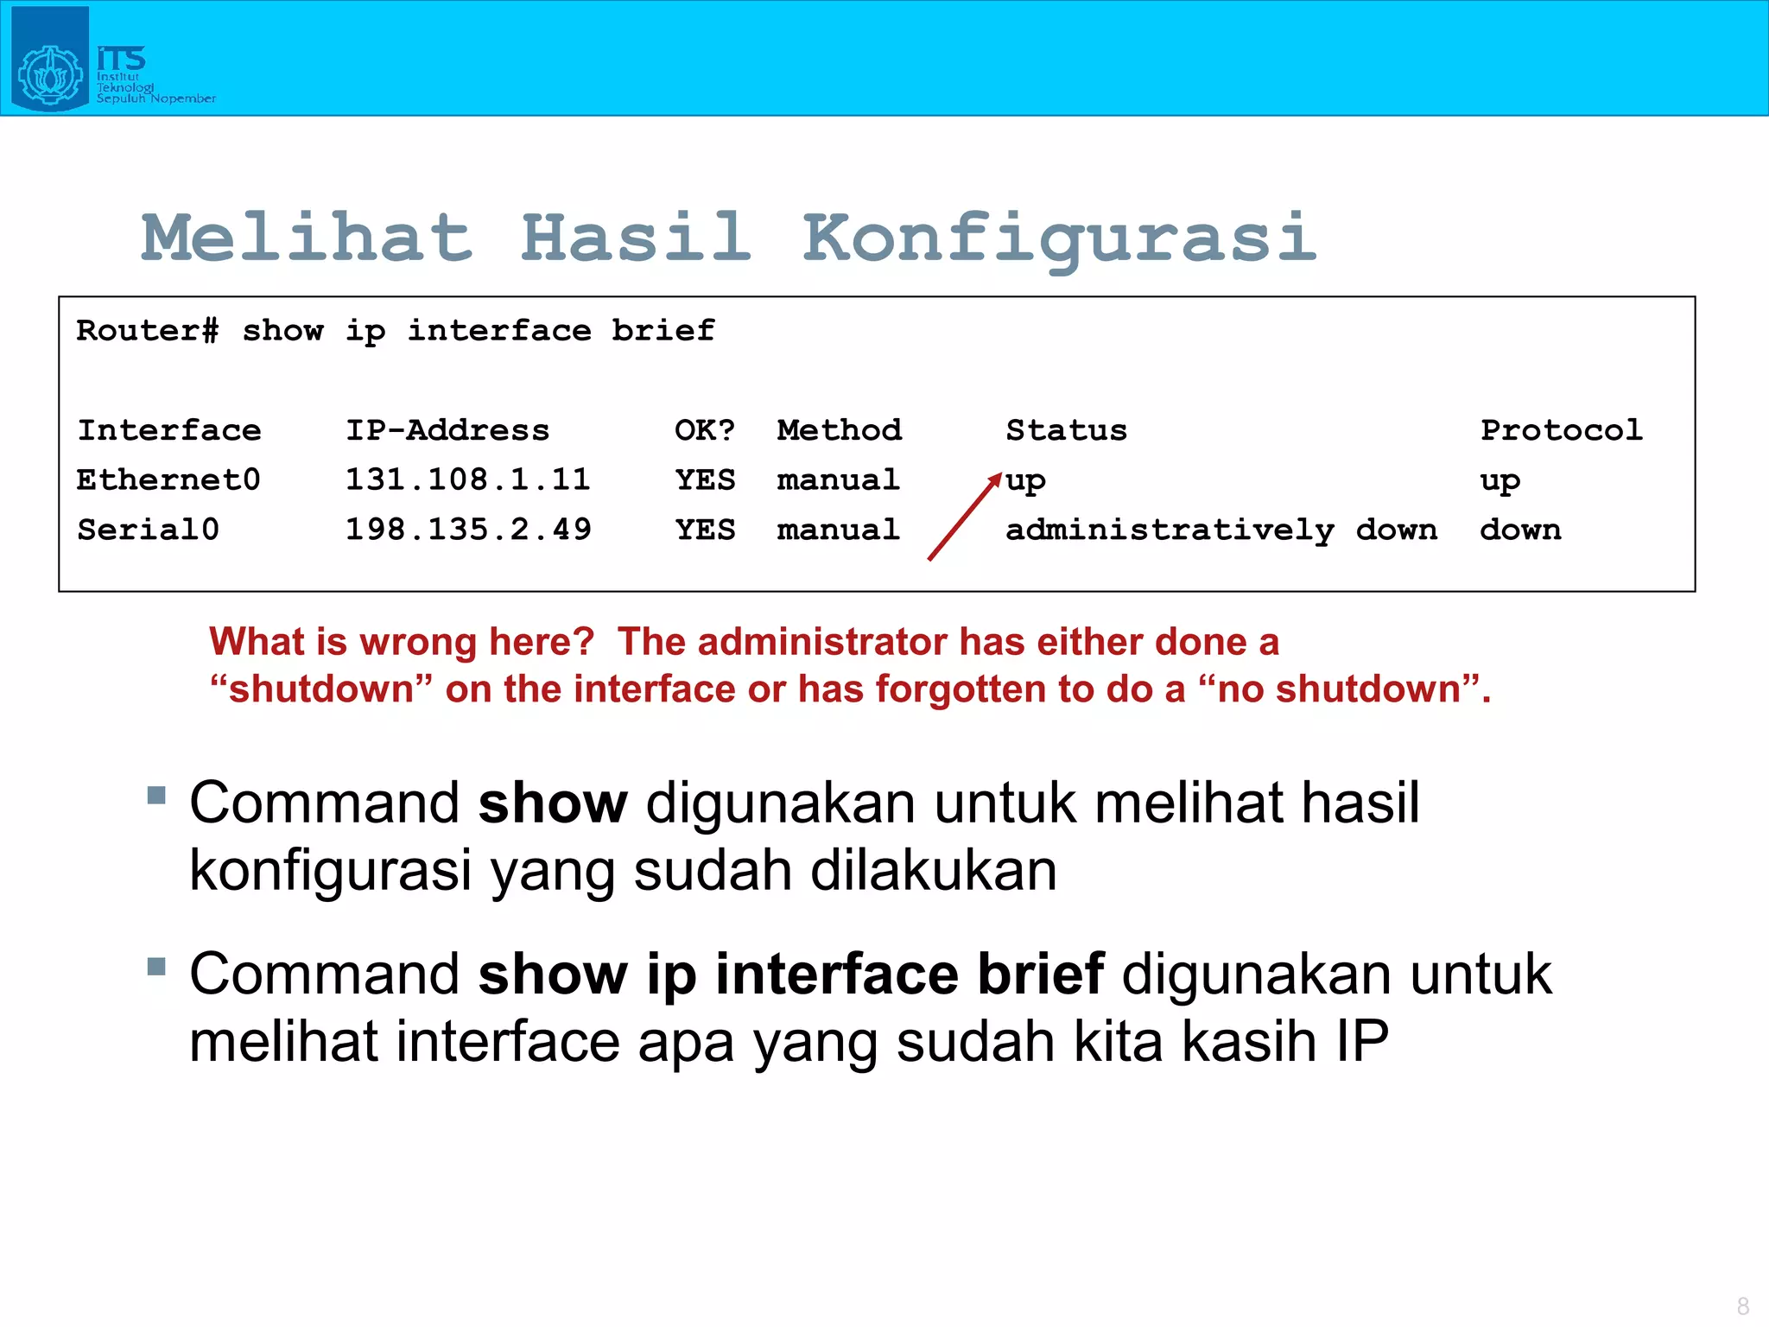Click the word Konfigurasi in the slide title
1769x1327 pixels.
coord(1059,239)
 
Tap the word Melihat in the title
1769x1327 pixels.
coord(308,238)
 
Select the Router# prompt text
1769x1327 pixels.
coord(147,331)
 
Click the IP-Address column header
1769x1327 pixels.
coord(447,430)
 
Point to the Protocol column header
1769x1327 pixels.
coord(1561,430)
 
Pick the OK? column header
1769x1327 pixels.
coord(704,430)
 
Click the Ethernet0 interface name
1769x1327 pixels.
coord(168,479)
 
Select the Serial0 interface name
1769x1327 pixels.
coord(148,530)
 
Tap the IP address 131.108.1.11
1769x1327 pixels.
coord(467,479)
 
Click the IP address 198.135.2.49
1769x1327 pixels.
coord(468,530)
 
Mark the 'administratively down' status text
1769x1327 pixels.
coord(1221,530)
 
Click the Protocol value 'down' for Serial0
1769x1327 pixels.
coord(1520,530)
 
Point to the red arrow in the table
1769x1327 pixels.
coord(964,517)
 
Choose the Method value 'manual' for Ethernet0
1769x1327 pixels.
coord(838,479)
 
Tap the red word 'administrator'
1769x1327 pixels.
coord(822,642)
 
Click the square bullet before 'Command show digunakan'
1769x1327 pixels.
coord(156,795)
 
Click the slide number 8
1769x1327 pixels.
coord(1742,1305)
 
